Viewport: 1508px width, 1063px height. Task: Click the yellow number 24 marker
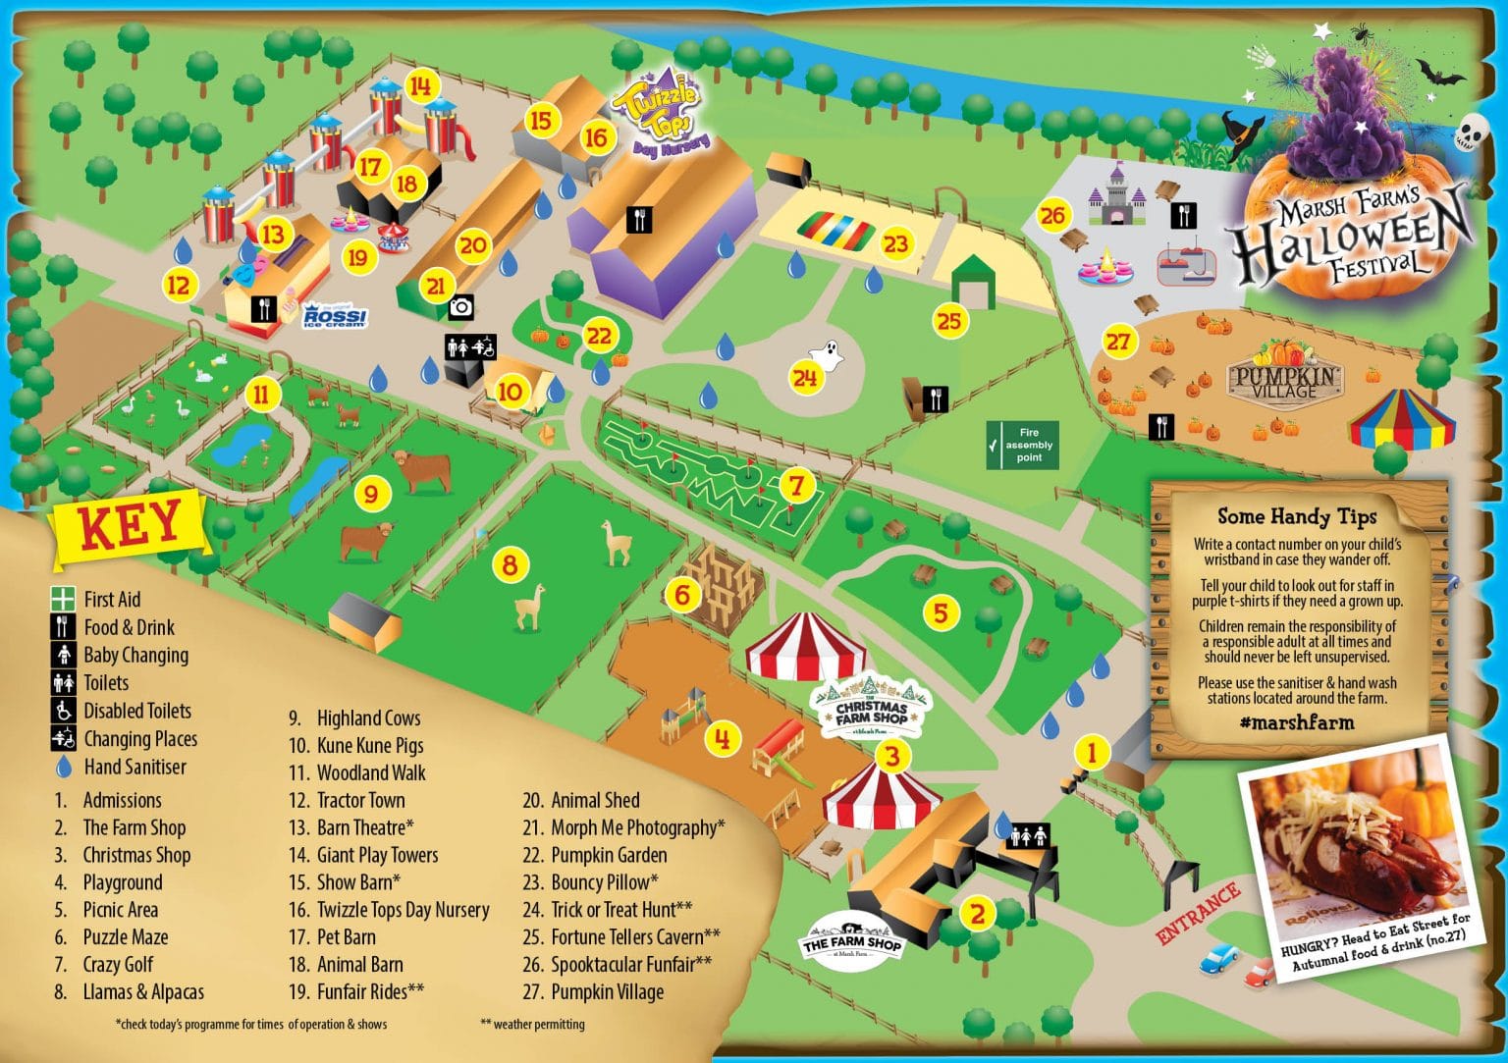tap(805, 377)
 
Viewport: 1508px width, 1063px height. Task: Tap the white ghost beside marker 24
tap(828, 354)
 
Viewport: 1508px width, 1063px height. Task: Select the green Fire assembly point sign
tap(1022, 445)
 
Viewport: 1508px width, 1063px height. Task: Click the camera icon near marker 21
tap(460, 307)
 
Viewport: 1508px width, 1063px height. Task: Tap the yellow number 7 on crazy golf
tap(796, 485)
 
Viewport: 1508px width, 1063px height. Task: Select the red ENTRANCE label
tap(1199, 914)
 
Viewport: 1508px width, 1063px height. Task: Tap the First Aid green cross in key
tap(63, 599)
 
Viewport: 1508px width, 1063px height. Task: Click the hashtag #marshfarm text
tap(1296, 722)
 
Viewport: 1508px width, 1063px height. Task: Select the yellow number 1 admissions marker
tap(1092, 753)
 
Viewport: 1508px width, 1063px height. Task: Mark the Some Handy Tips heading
tap(1297, 516)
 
